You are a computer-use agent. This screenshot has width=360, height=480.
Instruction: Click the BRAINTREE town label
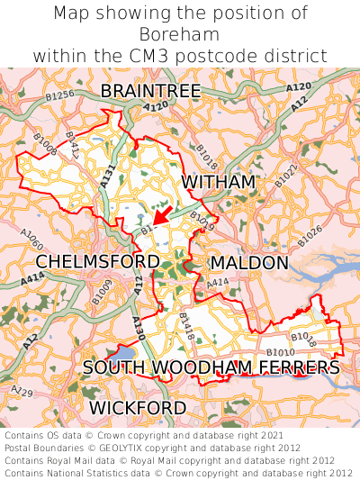(150, 91)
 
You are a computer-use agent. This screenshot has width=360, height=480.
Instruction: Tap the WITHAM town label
(219, 183)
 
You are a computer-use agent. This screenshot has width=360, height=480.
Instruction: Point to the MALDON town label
(249, 263)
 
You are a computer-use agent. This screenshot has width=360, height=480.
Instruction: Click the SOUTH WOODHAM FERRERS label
(211, 367)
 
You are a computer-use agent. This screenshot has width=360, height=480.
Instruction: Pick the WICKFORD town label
(138, 408)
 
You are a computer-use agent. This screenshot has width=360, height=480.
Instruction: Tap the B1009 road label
(102, 291)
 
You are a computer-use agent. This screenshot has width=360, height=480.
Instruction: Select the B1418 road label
(186, 324)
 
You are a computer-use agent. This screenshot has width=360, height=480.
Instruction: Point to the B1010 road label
(280, 352)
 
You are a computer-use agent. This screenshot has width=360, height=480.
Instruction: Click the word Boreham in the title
(180, 34)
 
